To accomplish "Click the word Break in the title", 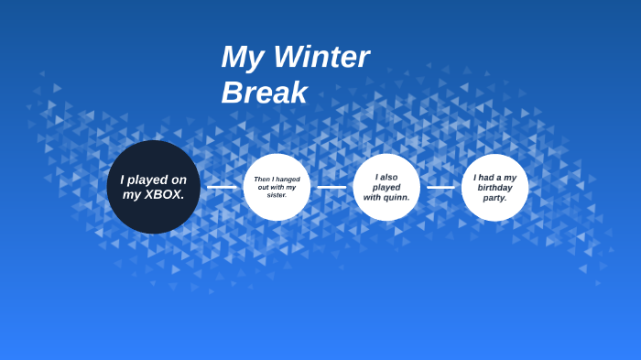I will click(265, 93).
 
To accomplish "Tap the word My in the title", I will click(241, 58).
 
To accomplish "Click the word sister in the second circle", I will click(277, 195).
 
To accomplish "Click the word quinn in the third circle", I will click(397, 197).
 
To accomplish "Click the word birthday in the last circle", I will click(494, 188).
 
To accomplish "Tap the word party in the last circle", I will click(494, 198).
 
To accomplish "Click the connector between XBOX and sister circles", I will click(222, 187).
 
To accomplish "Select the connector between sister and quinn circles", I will click(331, 187).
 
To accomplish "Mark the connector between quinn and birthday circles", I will click(440, 187).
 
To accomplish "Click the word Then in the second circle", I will click(263, 180).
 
